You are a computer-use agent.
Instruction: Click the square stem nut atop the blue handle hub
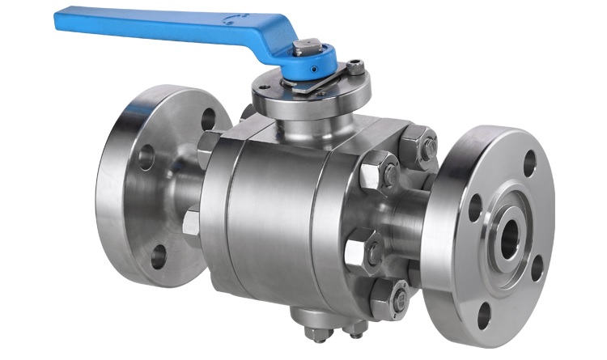pyautogui.click(x=308, y=48)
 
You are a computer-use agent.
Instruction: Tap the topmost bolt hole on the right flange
pyautogui.click(x=529, y=163)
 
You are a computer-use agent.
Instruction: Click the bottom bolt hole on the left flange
pyautogui.click(x=158, y=256)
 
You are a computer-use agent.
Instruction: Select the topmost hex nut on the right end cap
pyautogui.click(x=419, y=146)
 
